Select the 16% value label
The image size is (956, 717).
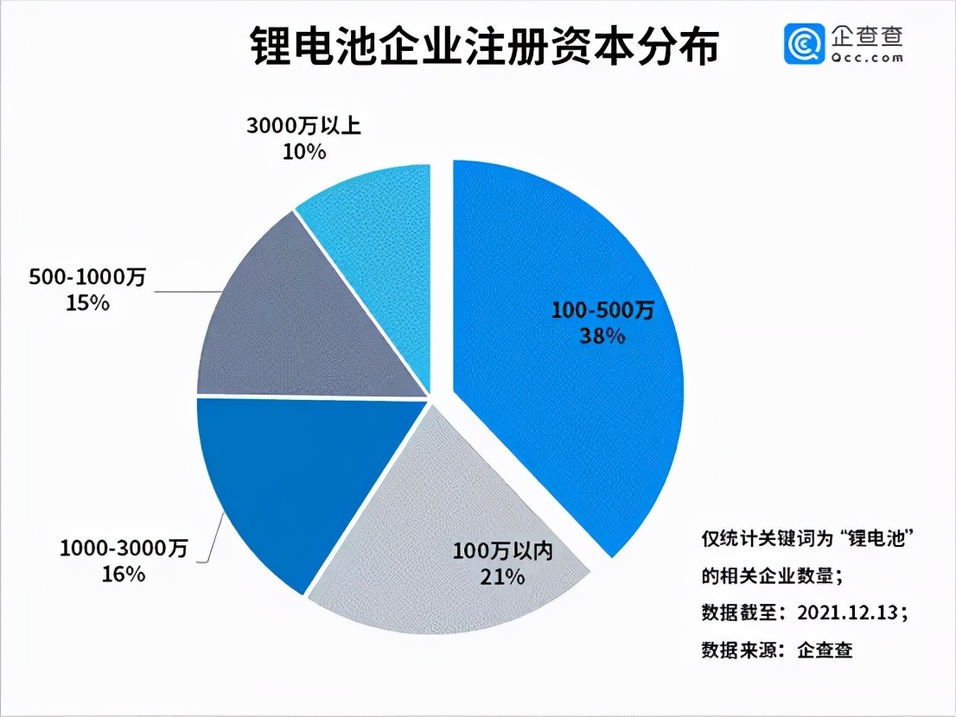(x=124, y=574)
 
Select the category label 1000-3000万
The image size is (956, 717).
(x=124, y=549)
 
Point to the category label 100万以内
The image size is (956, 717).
(x=502, y=551)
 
